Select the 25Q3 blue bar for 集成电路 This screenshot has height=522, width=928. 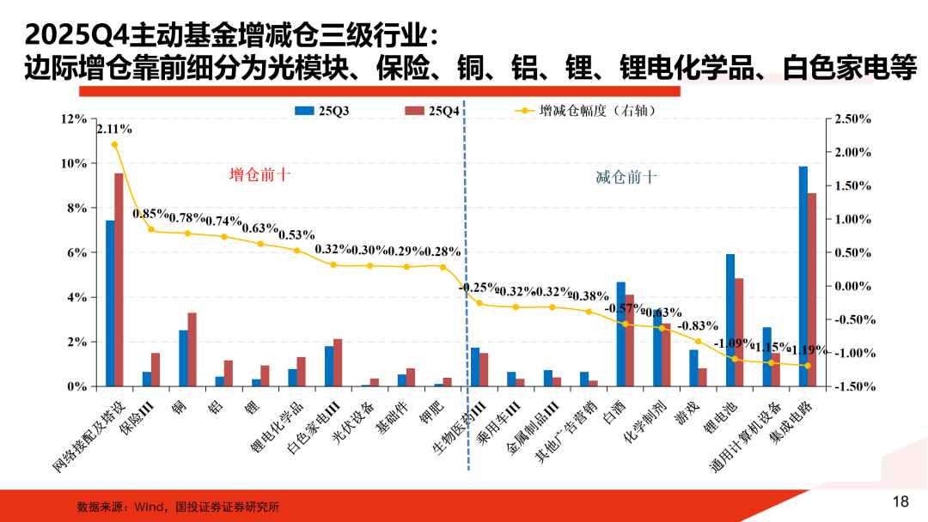click(x=803, y=276)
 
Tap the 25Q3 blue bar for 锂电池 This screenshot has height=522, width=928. click(x=730, y=320)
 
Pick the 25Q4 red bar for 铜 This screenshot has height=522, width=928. click(x=192, y=349)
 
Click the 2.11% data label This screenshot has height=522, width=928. click(x=114, y=130)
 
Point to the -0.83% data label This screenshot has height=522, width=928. click(x=698, y=326)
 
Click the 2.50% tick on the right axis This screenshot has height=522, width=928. click(x=852, y=118)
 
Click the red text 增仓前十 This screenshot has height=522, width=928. click(x=259, y=175)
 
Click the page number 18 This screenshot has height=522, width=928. click(x=901, y=501)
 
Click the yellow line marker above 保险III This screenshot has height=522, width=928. click(x=151, y=229)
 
